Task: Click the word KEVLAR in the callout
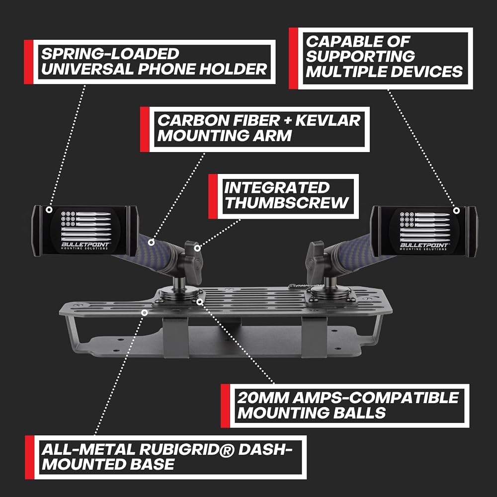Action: [328, 120]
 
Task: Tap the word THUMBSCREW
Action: [287, 203]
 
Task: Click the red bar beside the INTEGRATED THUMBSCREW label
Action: [213, 196]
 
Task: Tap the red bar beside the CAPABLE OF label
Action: [293, 58]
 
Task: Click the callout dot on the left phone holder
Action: [49, 210]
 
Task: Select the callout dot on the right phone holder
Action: [456, 210]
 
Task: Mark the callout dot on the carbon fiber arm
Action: [152, 243]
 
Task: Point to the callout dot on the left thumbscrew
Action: [197, 248]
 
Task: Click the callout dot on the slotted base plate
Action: [145, 313]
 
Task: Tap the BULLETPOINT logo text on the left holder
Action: [85, 245]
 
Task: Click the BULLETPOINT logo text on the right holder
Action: [424, 245]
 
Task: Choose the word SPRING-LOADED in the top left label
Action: [110, 54]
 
